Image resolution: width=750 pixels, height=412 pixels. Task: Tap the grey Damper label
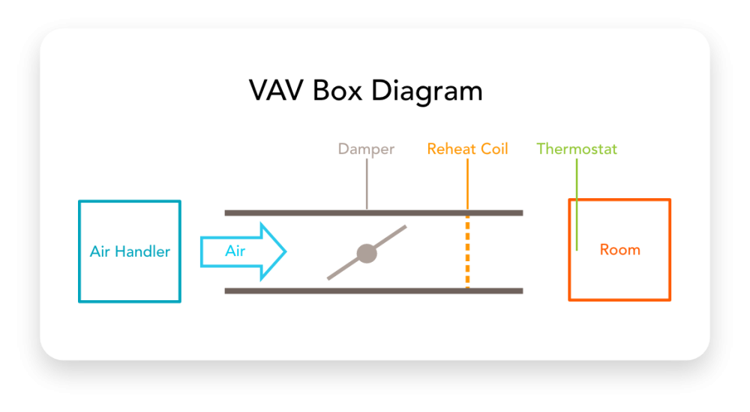[366, 149]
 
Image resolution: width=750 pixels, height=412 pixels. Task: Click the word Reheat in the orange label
[451, 149]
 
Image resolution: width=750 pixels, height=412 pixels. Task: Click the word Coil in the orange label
[493, 149]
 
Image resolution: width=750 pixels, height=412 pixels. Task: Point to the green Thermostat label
[577, 149]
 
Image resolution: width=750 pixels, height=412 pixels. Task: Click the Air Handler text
[130, 251]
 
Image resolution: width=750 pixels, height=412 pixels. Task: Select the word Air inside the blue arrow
[235, 251]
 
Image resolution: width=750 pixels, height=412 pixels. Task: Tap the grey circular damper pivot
[367, 253]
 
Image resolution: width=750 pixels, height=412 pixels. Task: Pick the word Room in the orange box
[620, 250]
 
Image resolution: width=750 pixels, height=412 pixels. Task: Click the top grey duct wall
[300, 213]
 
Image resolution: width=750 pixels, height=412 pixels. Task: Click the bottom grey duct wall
[300, 290]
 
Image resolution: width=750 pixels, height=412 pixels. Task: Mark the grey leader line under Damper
[367, 184]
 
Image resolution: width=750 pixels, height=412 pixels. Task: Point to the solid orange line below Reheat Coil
[467, 184]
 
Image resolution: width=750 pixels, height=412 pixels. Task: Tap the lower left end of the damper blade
[330, 278]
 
